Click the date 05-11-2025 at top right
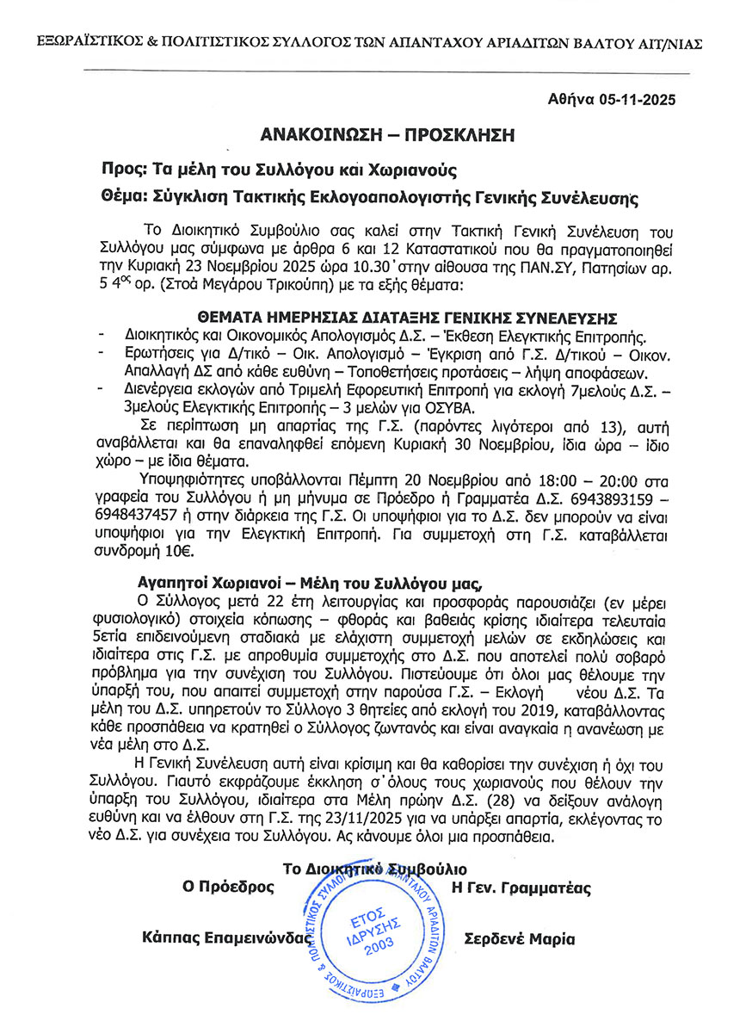636,99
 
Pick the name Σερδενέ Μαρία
519,939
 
